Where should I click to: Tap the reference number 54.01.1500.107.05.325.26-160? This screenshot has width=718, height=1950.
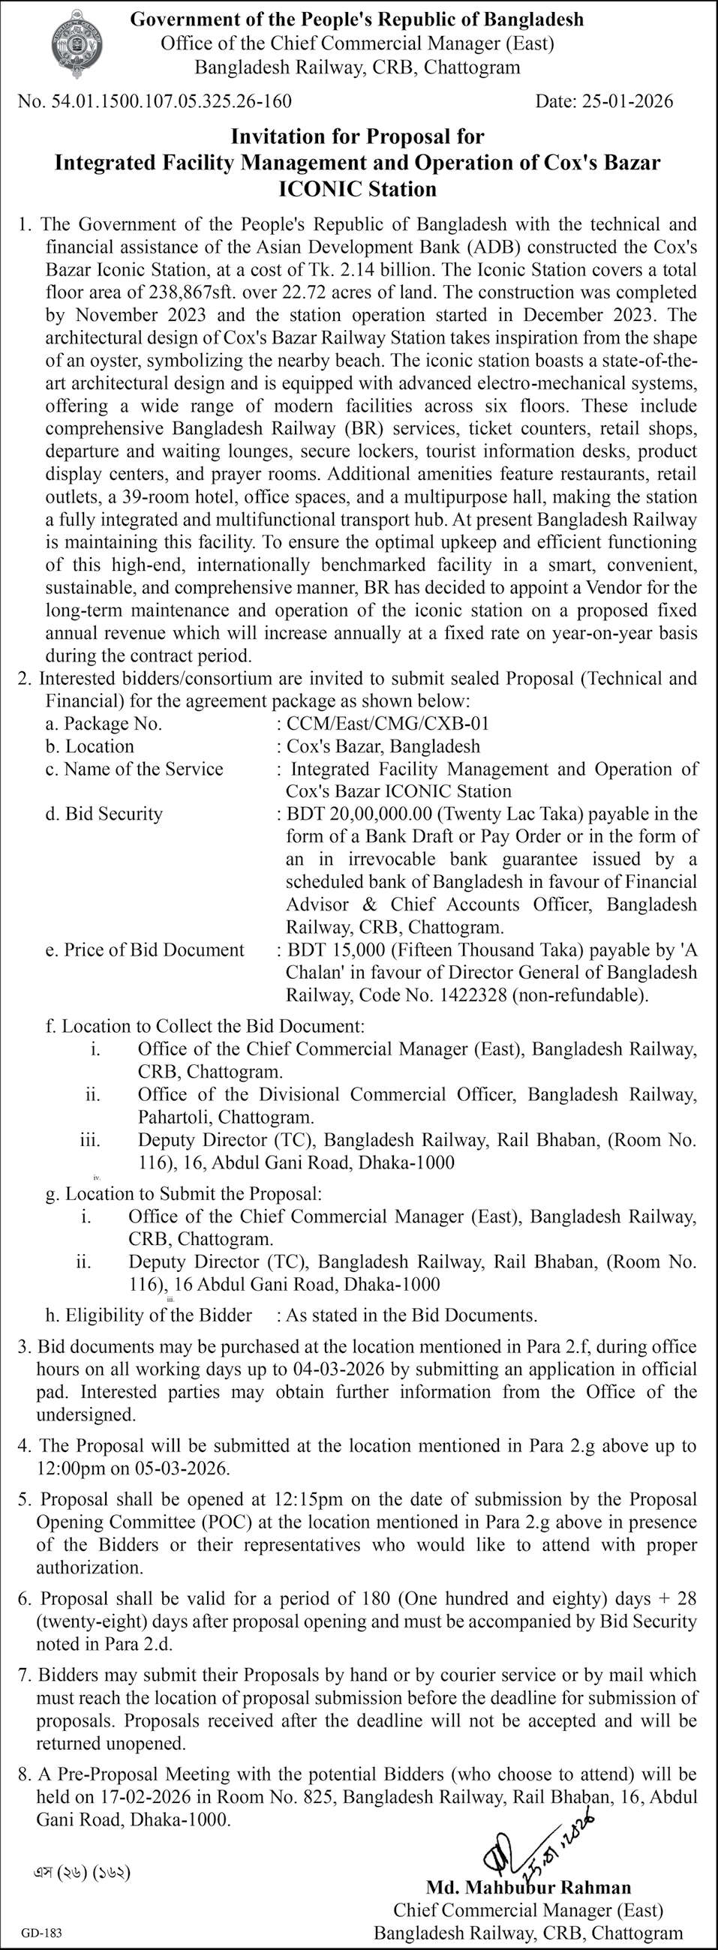point(168,101)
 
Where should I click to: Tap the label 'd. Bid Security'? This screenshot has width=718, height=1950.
point(104,814)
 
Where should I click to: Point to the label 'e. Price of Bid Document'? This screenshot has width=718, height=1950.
point(145,950)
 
